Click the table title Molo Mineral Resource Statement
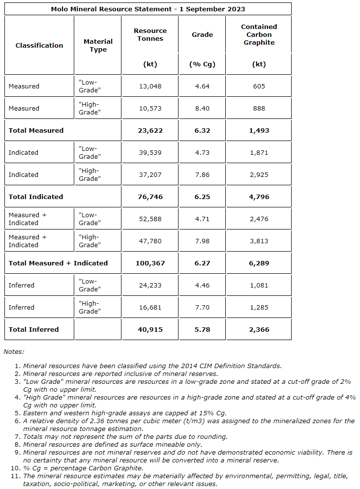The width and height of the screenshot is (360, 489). click(x=148, y=9)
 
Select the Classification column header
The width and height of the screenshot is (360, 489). click(x=39, y=45)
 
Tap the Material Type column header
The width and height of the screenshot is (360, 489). click(x=98, y=45)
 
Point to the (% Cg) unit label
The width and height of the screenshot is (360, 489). click(x=202, y=64)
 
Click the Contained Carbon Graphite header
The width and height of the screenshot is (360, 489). click(x=259, y=34)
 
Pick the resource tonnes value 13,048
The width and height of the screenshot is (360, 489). click(x=150, y=86)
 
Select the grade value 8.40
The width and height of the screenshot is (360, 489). click(x=202, y=108)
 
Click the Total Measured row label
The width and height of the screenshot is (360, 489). click(x=36, y=130)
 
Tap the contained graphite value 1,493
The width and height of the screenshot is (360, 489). click(x=259, y=130)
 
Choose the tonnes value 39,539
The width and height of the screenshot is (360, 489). click(x=150, y=152)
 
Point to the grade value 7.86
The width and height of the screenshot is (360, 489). click(x=202, y=174)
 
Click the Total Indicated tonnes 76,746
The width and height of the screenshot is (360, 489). click(x=150, y=197)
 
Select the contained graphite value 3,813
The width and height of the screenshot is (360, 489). click(x=259, y=241)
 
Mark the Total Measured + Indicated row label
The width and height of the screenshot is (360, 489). click(x=58, y=263)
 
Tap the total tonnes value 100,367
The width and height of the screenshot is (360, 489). click(x=150, y=263)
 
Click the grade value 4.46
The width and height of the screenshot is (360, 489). click(x=202, y=285)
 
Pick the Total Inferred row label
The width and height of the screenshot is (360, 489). click(x=33, y=329)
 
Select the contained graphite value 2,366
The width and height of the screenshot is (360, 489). click(x=259, y=329)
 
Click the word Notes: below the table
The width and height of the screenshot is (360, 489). click(x=14, y=351)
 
